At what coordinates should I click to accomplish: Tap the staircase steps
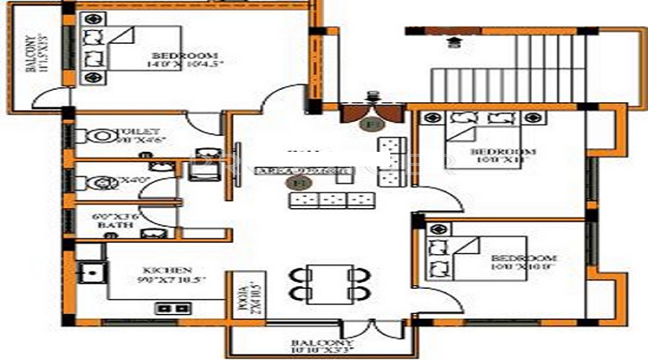coord(504,68)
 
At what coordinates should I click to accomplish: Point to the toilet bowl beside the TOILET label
coord(97,135)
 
